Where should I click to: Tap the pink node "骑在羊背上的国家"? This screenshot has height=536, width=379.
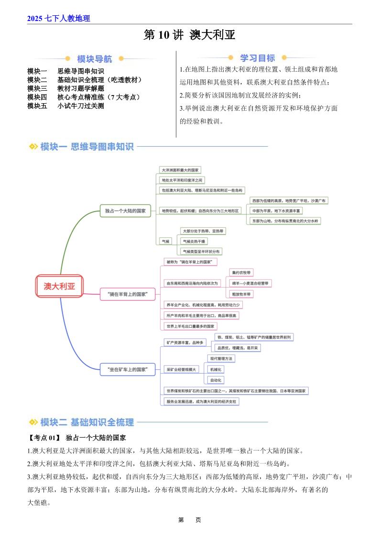[x=128, y=294]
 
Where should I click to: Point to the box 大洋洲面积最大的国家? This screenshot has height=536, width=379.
[x=181, y=170]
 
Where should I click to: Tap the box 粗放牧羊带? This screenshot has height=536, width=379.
[x=241, y=294]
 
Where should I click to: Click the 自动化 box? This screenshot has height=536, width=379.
[x=216, y=380]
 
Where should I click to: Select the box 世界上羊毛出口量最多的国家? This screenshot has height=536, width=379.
[x=190, y=326]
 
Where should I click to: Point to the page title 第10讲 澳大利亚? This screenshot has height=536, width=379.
[x=189, y=35]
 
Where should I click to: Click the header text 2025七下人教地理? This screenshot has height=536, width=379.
[x=59, y=19]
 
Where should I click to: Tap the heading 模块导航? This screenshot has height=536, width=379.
[x=95, y=59]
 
